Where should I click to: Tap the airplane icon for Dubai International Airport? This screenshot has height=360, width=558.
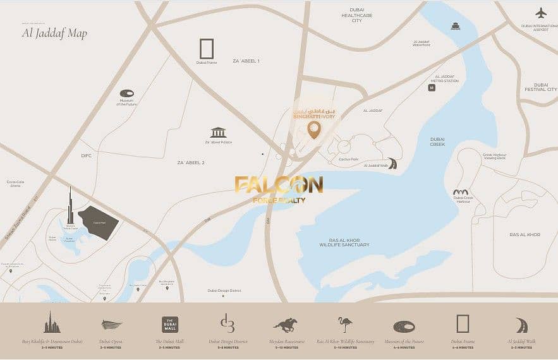[x=540, y=13]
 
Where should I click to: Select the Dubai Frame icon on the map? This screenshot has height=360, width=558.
[x=206, y=49]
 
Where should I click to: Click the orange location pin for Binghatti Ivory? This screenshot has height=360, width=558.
[x=314, y=130]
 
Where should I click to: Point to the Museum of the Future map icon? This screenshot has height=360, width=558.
[x=127, y=93]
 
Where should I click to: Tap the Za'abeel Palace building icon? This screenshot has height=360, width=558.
[x=218, y=133]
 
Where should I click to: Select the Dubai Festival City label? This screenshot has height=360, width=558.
[x=540, y=87]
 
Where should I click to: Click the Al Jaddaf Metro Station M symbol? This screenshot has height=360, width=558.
[x=432, y=88]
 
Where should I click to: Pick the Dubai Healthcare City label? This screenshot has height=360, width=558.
[x=357, y=15]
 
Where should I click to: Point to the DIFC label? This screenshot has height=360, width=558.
[x=87, y=156]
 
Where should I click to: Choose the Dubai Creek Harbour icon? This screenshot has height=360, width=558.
[x=460, y=192]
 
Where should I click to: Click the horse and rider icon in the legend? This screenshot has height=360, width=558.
[x=285, y=325]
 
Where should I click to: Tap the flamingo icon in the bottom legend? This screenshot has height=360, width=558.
[x=345, y=325]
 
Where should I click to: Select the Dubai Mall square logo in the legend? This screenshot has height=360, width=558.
[x=170, y=325]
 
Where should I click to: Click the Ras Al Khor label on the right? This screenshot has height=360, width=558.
[x=525, y=234]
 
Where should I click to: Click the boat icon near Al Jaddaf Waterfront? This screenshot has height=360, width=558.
[x=455, y=26]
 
